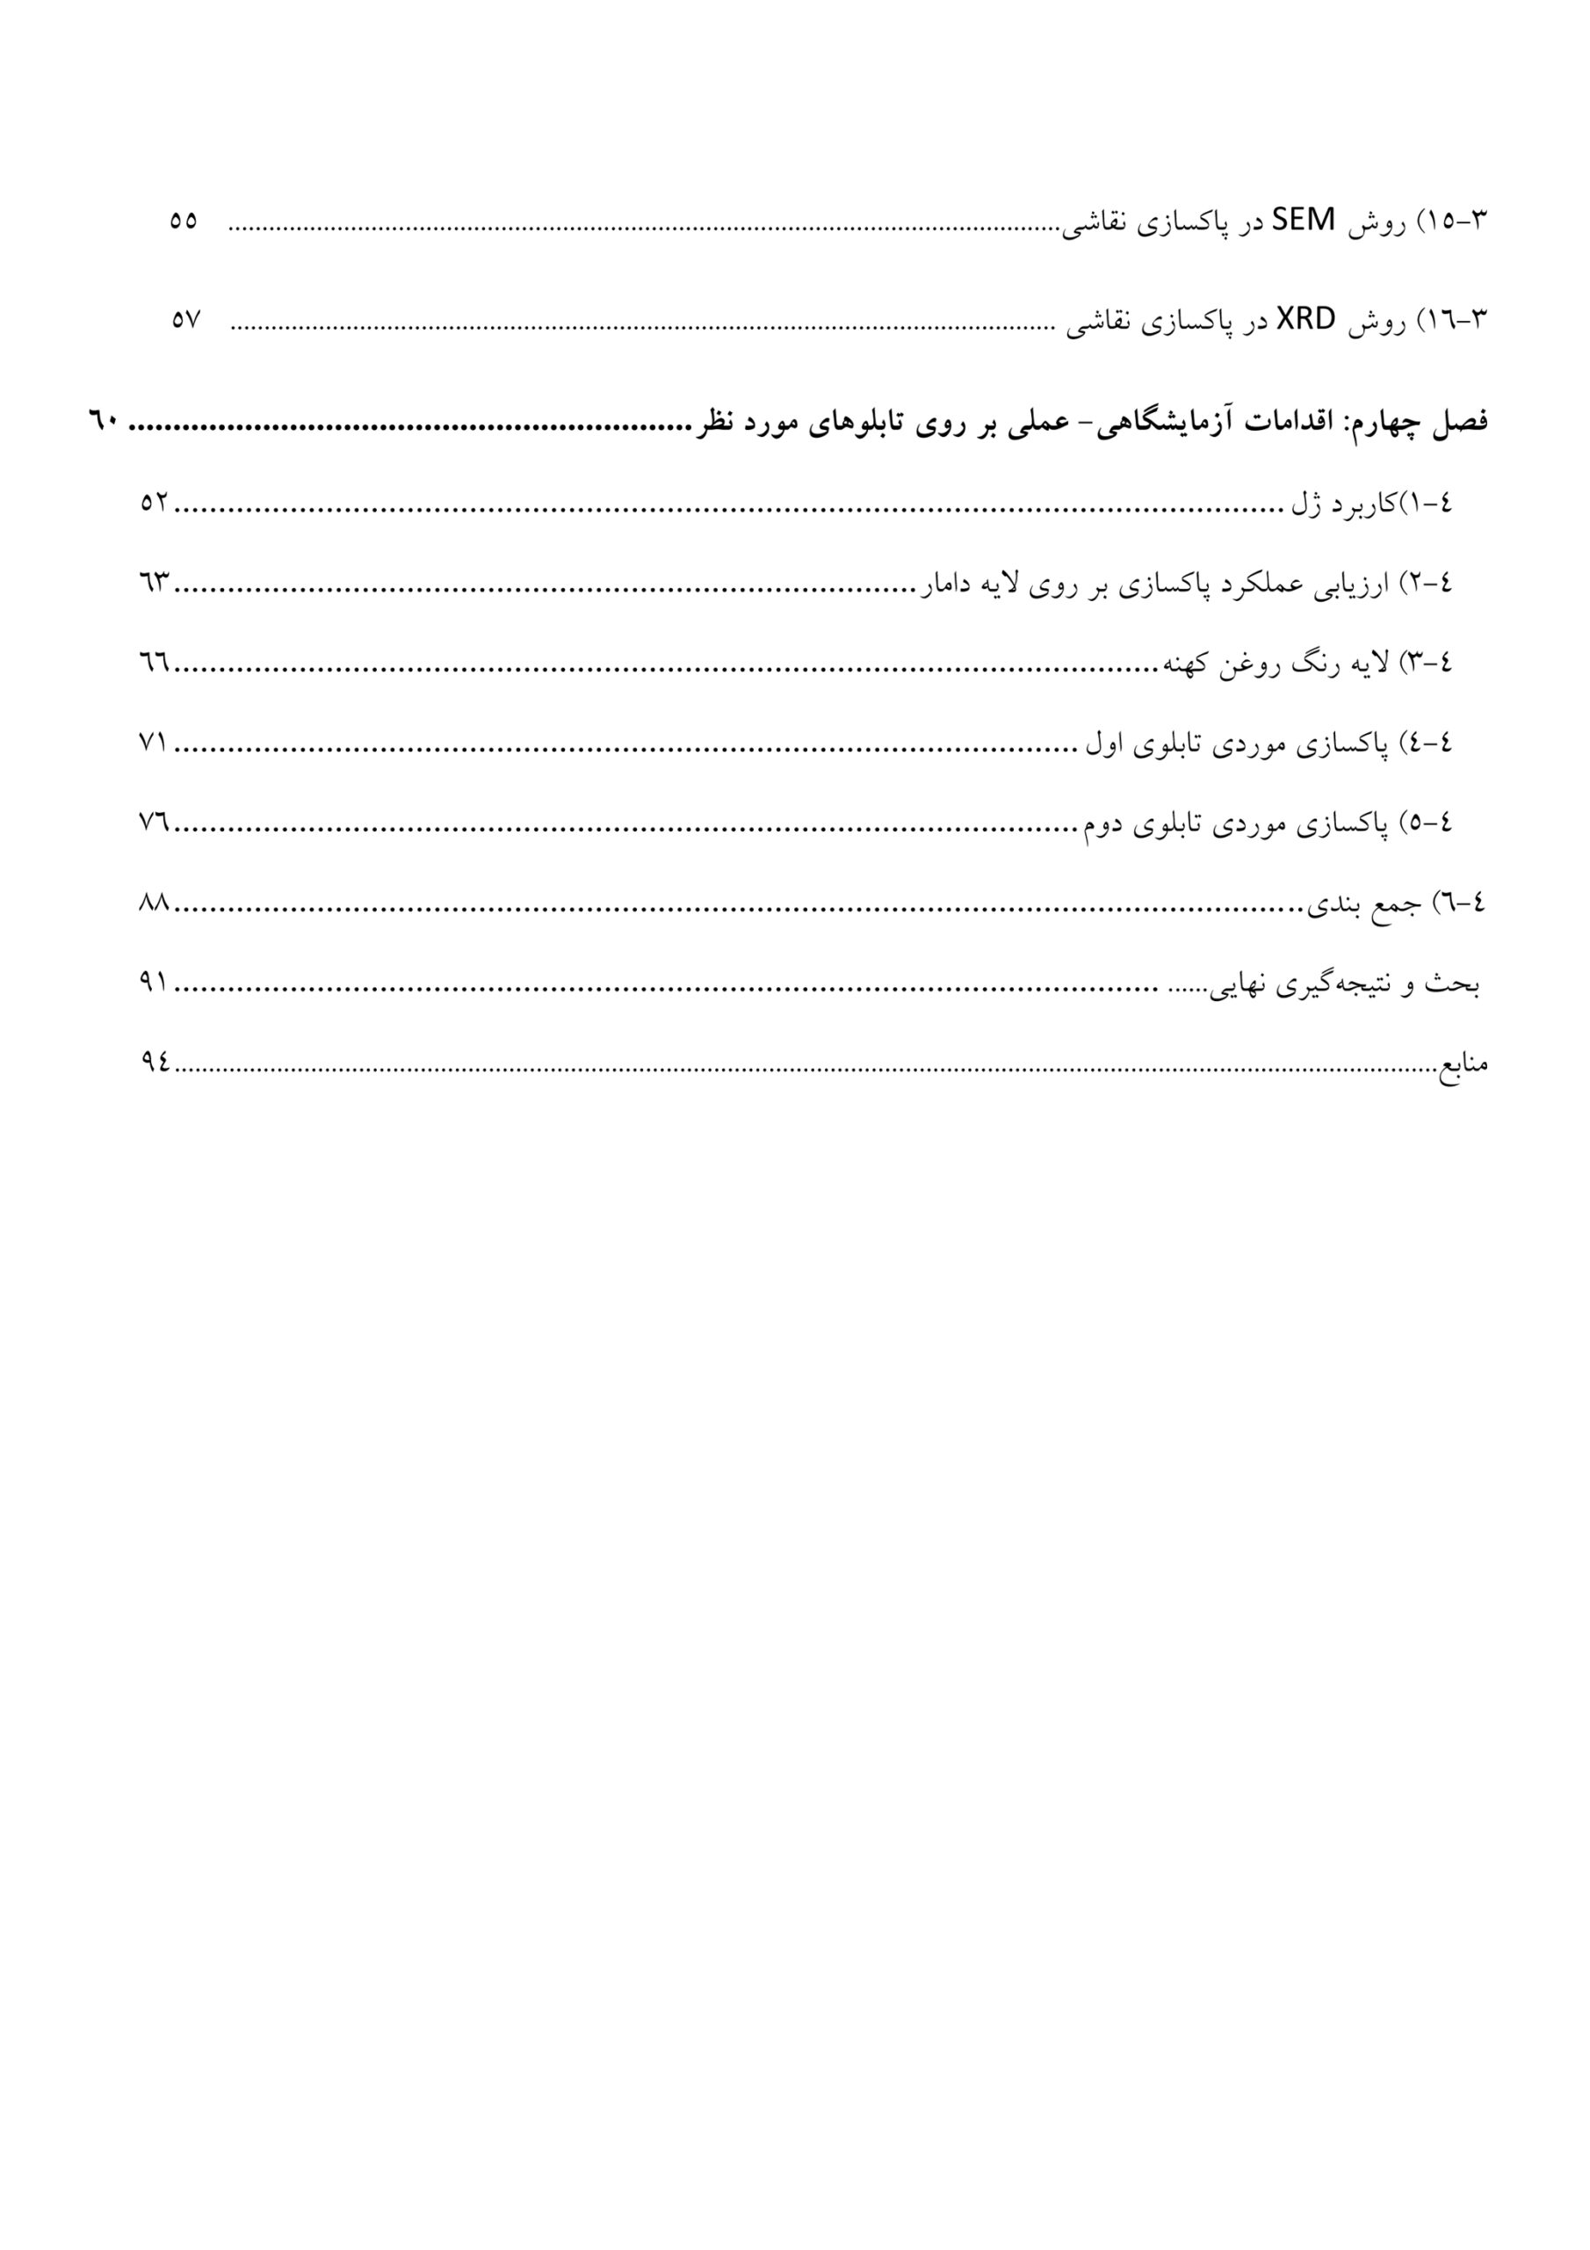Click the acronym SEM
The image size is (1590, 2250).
(x=1303, y=221)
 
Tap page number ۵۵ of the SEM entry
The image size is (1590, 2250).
(x=184, y=221)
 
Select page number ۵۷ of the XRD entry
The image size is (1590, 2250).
(x=185, y=321)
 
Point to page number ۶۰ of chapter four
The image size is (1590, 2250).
(x=104, y=424)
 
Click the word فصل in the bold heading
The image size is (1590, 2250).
(x=1460, y=424)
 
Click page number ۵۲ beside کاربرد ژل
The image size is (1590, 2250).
(x=155, y=504)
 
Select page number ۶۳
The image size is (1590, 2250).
(x=155, y=584)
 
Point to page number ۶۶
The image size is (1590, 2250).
(x=155, y=664)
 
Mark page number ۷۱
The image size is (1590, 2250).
(x=155, y=744)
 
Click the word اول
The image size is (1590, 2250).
(x=1104, y=744)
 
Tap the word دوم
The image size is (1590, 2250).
(x=1102, y=825)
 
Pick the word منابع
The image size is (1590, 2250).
(x=1463, y=1063)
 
